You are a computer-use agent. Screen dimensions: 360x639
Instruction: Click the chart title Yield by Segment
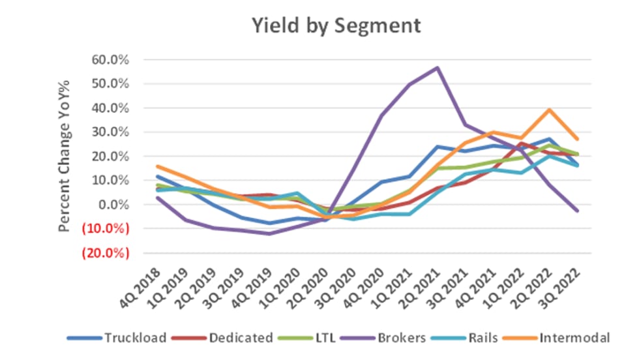point(337,25)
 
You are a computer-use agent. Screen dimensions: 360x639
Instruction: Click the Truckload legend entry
point(134,338)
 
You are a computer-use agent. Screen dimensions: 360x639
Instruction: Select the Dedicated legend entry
point(241,338)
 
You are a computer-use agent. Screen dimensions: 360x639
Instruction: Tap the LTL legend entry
point(316,338)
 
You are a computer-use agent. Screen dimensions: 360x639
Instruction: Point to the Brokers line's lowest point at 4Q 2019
point(269,233)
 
